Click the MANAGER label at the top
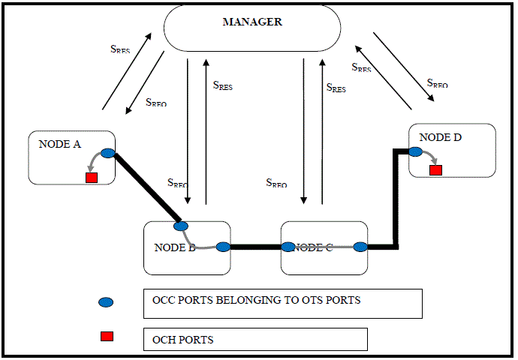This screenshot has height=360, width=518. [252, 22]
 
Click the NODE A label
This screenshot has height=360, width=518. [59, 144]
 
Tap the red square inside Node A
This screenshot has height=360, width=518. [92, 178]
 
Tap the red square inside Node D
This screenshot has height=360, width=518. [435, 170]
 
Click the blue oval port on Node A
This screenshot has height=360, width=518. [107, 154]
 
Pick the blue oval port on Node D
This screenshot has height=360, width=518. [414, 151]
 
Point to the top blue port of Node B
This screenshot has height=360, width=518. [180, 226]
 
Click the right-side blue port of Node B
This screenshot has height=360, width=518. [222, 247]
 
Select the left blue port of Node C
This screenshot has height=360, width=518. [288, 246]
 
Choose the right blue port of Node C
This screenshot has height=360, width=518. [360, 246]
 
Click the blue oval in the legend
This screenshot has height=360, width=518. [107, 301]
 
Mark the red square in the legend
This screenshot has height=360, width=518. [107, 336]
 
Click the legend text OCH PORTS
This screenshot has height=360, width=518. [183, 340]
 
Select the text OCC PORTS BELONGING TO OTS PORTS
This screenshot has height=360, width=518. [255, 301]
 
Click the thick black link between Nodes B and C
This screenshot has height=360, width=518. [255, 247]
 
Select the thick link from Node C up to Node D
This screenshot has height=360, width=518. [395, 202]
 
